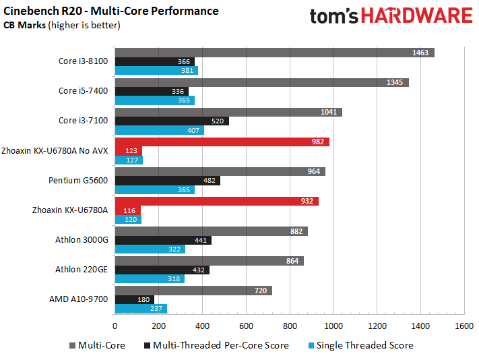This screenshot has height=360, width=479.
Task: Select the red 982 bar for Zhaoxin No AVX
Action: tap(222, 142)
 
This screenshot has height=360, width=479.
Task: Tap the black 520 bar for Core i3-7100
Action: tap(172, 121)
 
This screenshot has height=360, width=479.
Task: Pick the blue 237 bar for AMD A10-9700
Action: tap(141, 309)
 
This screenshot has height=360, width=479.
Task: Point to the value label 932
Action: tap(307, 201)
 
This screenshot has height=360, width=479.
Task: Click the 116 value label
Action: tap(129, 211)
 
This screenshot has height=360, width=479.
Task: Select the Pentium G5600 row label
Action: tap(78, 181)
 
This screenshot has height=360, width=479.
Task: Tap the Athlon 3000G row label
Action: tap(82, 239)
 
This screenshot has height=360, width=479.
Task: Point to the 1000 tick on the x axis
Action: tap(333, 326)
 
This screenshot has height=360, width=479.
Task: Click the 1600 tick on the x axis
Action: tap(464, 326)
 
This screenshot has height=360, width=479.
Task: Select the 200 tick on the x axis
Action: tap(159, 326)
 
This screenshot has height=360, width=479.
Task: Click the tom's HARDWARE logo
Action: tap(391, 16)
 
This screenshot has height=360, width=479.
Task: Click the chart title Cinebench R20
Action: tap(111, 11)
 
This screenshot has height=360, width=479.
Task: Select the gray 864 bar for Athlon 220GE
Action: tap(209, 260)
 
